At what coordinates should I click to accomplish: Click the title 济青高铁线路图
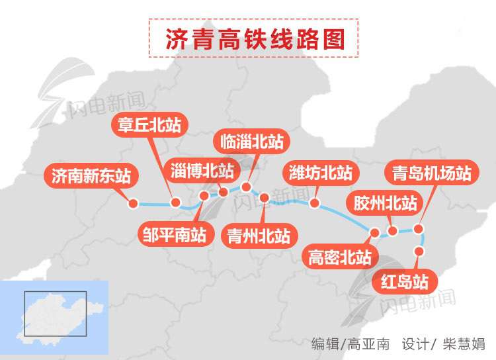click(255, 39)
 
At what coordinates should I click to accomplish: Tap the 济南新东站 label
click(91, 176)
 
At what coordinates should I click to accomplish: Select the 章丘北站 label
click(149, 124)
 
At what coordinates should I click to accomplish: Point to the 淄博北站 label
click(202, 171)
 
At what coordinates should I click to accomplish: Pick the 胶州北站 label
click(386, 202)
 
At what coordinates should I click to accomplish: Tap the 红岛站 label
click(405, 282)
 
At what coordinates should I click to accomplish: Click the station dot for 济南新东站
click(132, 204)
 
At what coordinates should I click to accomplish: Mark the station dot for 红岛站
click(418, 251)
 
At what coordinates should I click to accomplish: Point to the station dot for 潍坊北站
click(315, 203)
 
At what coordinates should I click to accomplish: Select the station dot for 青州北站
click(265, 197)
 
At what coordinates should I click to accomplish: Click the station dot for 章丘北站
click(175, 202)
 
